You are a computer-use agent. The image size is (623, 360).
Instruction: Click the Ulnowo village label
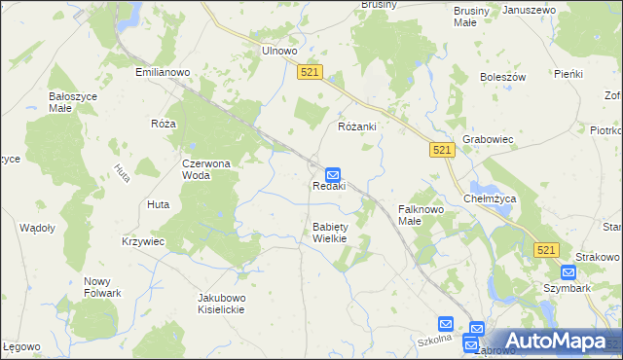click(278, 52)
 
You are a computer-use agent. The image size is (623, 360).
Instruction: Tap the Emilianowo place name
click(163, 71)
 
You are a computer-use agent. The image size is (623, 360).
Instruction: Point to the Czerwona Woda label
click(206, 170)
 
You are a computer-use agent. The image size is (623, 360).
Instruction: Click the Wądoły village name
click(37, 227)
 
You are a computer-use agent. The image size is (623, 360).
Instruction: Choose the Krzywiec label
click(143, 240)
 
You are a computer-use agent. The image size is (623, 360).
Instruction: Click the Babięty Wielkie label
click(329, 233)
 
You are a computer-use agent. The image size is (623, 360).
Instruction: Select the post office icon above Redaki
click(332, 173)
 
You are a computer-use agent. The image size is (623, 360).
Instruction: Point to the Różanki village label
click(356, 127)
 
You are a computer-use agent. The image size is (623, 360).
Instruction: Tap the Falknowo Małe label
click(422, 215)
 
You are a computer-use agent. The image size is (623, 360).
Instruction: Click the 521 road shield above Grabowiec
click(442, 149)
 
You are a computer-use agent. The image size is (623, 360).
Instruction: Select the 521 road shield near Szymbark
click(545, 250)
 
